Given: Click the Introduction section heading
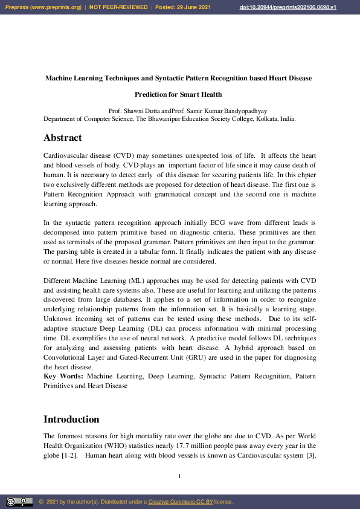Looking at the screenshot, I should tap(71, 420).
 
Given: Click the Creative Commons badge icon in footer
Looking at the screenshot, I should tap(19, 502).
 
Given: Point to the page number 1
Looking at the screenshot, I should tap(180, 476).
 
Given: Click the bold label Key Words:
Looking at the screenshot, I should tap(64, 376).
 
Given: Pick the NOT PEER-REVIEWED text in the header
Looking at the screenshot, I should tap(118, 7).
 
